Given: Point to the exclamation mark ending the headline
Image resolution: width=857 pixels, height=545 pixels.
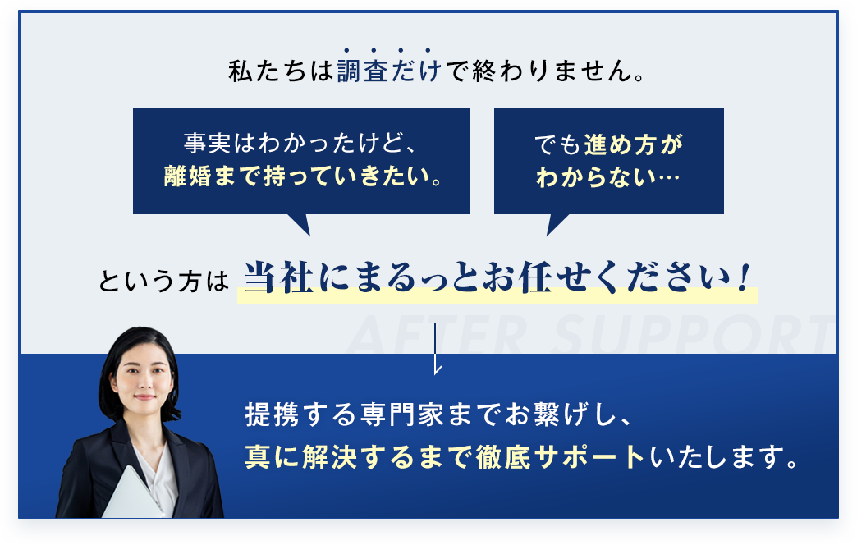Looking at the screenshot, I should click(743, 280).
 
